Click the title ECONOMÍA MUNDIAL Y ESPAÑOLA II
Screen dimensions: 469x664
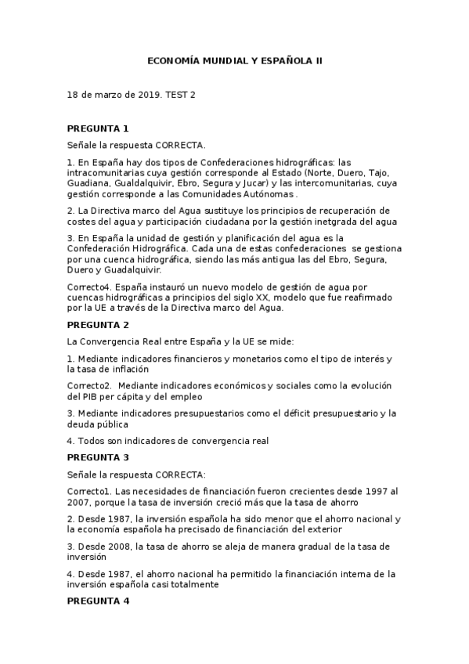(236, 60)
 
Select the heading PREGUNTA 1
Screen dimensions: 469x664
(98, 128)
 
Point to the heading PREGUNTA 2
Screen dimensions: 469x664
(98, 324)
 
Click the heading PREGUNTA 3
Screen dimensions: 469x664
(98, 456)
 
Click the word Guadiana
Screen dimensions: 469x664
(88, 183)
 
